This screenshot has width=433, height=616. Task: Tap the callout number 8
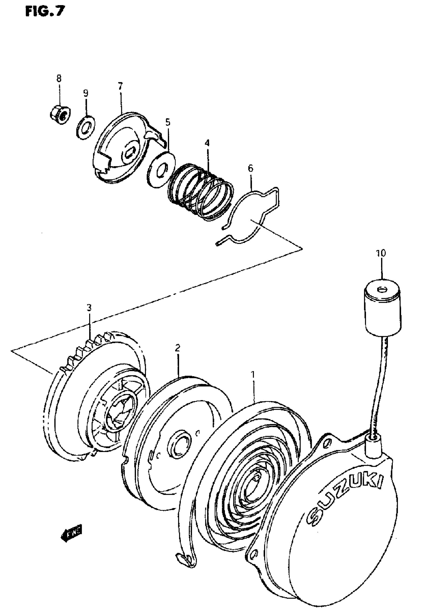59,79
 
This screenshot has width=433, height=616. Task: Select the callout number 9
85,93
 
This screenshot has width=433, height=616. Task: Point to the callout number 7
120,86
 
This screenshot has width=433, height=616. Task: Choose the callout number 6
250,169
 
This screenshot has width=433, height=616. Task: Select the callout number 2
177,348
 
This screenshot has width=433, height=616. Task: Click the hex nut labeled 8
60,115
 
